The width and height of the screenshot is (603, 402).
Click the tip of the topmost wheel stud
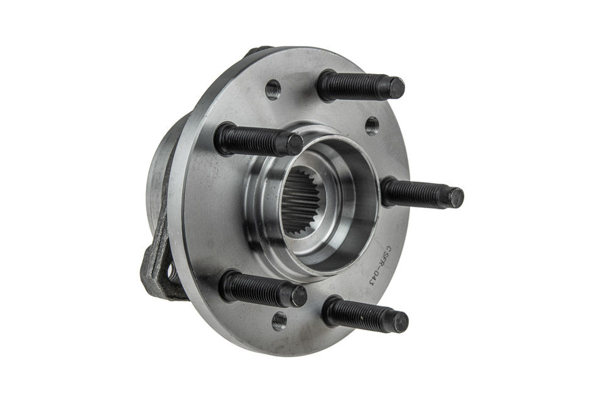[x=395, y=88]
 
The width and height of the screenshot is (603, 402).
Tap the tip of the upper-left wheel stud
[x=293, y=144]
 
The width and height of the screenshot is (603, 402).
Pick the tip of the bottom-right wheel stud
[x=399, y=322]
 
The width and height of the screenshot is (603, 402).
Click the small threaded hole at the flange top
[x=273, y=89]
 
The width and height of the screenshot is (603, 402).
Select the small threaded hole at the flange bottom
[x=279, y=321]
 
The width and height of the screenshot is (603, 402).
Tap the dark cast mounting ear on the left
[x=156, y=264]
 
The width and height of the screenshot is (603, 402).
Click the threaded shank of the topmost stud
[x=352, y=86]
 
